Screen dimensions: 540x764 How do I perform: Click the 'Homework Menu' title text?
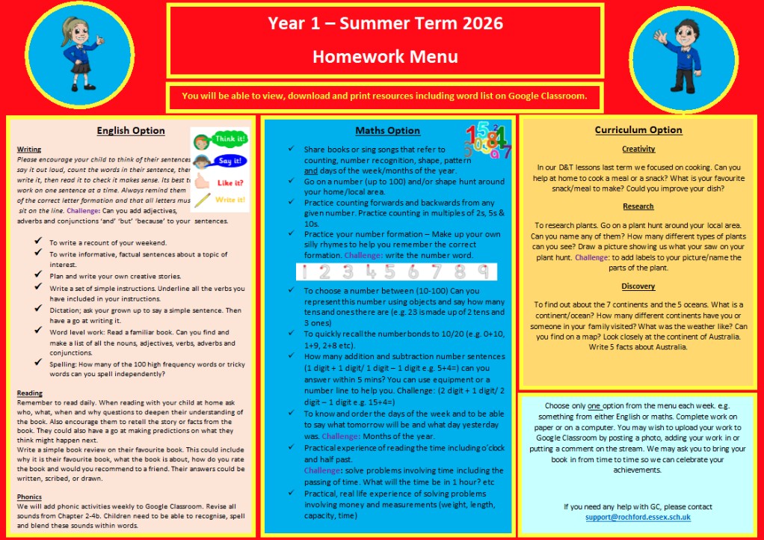[x=385, y=56]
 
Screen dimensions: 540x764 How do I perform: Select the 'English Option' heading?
[x=131, y=130]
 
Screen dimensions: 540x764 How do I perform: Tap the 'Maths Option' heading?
[x=387, y=131]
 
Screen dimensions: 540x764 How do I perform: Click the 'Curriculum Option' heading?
[x=638, y=129]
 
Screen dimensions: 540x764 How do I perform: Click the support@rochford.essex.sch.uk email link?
[x=638, y=518]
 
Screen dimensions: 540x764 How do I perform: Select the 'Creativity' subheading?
[x=638, y=149]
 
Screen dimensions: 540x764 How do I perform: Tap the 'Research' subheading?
[x=638, y=206]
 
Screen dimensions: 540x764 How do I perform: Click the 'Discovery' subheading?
[x=638, y=286]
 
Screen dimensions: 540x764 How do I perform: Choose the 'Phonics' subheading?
[x=30, y=497]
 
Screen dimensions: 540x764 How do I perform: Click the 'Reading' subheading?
[x=30, y=393]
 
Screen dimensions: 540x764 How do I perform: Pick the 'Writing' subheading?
[x=29, y=150]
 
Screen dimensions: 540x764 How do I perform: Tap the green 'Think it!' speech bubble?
[x=229, y=139]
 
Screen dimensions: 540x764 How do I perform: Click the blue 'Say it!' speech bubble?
[x=229, y=160]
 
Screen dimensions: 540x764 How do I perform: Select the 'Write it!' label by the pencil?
[x=229, y=200]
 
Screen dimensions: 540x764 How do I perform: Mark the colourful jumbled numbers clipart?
[x=488, y=141]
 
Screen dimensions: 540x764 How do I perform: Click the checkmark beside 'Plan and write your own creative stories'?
[x=37, y=276]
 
